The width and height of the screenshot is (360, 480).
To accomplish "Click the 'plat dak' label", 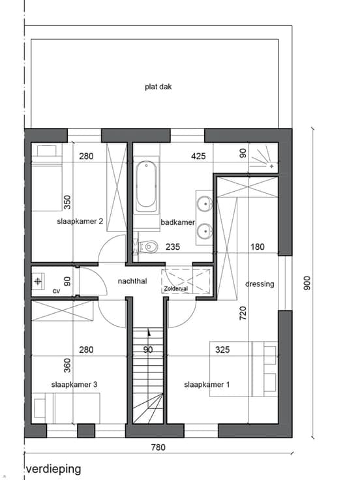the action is click(x=158, y=87).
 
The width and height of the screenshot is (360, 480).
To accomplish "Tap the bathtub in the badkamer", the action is click(x=146, y=186).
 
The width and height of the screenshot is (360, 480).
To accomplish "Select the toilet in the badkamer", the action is click(x=148, y=246).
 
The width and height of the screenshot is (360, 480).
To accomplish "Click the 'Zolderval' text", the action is click(x=175, y=289).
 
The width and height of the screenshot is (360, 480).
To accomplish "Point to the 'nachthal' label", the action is click(x=132, y=281).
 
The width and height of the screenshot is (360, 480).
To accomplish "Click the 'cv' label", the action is click(x=56, y=291).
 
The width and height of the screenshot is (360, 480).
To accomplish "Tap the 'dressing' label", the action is click(x=260, y=284).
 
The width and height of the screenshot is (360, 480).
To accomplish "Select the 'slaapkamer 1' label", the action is click(x=207, y=385).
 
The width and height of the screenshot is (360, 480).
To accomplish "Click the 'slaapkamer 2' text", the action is click(x=80, y=221).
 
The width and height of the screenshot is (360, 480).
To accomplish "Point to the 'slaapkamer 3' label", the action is click(x=74, y=385).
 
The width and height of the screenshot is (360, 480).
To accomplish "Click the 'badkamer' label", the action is click(x=177, y=222).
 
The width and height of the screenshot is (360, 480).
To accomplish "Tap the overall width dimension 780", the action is click(x=158, y=447).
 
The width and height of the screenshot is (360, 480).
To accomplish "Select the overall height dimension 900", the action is click(x=307, y=283).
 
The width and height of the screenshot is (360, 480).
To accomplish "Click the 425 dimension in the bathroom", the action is click(x=198, y=157).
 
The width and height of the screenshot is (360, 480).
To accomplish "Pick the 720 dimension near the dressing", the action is click(x=243, y=313).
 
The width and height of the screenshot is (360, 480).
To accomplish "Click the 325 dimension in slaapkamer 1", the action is click(x=222, y=350).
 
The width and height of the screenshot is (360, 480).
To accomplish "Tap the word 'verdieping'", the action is click(x=54, y=469).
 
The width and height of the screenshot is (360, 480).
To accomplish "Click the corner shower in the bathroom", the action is click(x=263, y=157).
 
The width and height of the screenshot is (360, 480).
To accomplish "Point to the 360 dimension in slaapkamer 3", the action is click(x=67, y=365).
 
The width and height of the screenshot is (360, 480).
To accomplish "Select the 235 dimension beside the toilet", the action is click(x=173, y=247).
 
